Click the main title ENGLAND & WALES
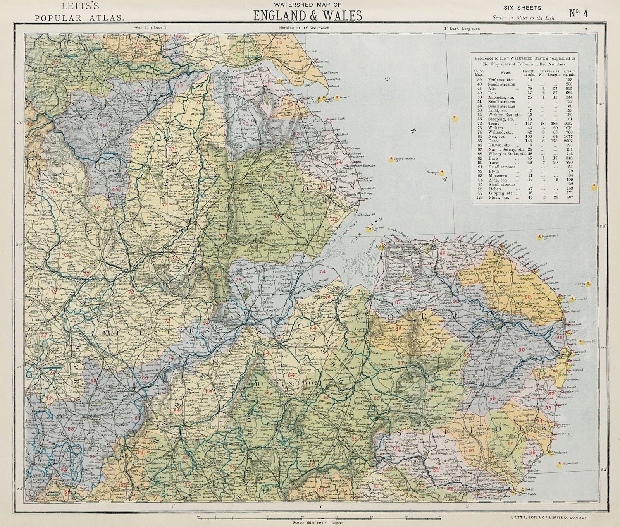pyautogui.click(x=308, y=15)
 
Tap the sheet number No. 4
pyautogui.click(x=578, y=13)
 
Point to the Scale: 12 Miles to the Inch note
pyautogui.click(x=524, y=18)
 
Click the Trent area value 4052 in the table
pyautogui.click(x=570, y=124)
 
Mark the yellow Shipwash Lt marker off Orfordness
pyautogui.click(x=559, y=464)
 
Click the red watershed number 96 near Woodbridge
pyautogui.click(x=511, y=444)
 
